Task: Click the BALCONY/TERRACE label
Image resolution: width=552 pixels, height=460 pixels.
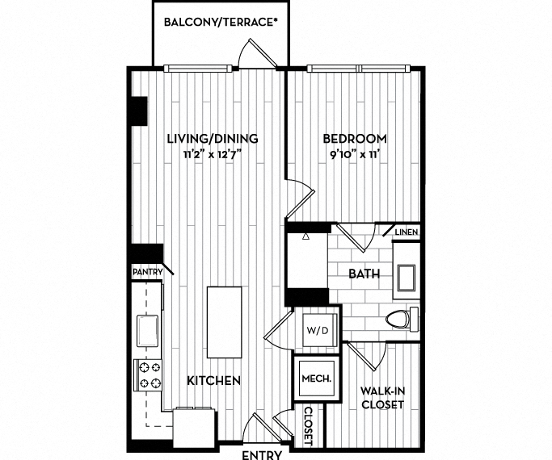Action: [x=221, y=22]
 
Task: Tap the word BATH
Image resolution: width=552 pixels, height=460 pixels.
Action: [x=364, y=274]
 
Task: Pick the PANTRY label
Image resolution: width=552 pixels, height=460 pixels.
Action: [x=148, y=272]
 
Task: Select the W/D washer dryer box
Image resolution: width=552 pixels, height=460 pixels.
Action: [x=314, y=328]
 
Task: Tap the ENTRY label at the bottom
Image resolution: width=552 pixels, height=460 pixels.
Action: [x=262, y=454]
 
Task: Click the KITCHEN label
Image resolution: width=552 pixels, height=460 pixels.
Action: [x=213, y=380]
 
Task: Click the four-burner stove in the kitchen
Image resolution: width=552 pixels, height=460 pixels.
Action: [x=149, y=374]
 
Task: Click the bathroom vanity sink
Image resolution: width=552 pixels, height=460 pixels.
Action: [x=405, y=277]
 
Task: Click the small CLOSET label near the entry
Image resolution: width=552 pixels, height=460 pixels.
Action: [x=308, y=424]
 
